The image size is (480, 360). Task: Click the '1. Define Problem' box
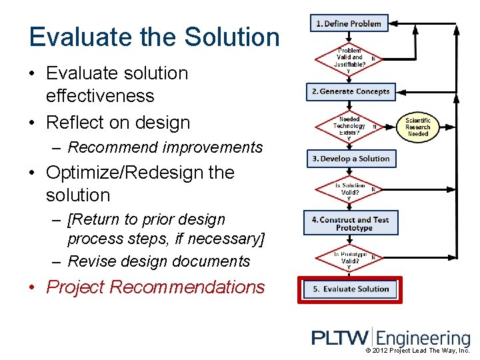349,24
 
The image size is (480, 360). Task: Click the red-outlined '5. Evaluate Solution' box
351,289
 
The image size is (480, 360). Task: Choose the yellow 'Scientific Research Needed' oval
418,127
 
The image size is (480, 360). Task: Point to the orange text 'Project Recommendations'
155,287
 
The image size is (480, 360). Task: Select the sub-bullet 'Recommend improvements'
165,147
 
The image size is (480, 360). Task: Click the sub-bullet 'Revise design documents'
159,261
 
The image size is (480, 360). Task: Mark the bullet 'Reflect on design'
117,123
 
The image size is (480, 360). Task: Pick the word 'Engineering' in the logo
424,339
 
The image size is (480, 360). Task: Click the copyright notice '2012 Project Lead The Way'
417,351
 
